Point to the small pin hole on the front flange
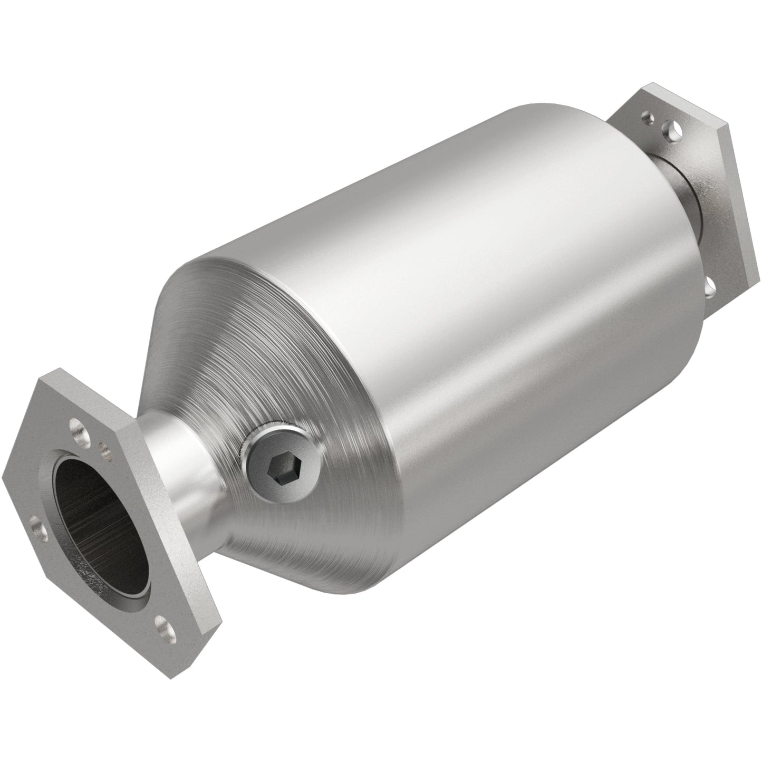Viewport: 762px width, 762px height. click(103, 449)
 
